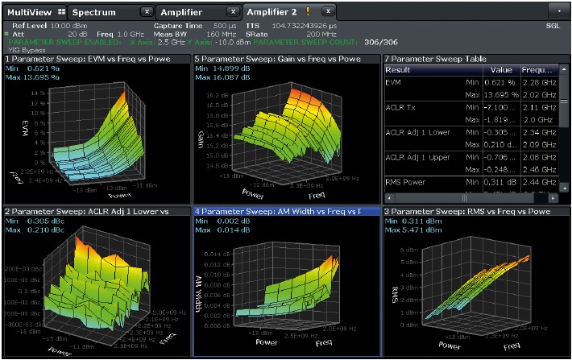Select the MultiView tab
click(x=29, y=12)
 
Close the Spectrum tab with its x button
click(x=145, y=12)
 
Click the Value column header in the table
click(x=502, y=70)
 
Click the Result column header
click(x=399, y=70)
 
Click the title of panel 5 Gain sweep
click(x=255, y=59)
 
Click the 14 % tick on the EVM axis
click(x=35, y=92)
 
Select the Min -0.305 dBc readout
click(x=36, y=221)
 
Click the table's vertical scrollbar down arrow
click(x=566, y=187)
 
